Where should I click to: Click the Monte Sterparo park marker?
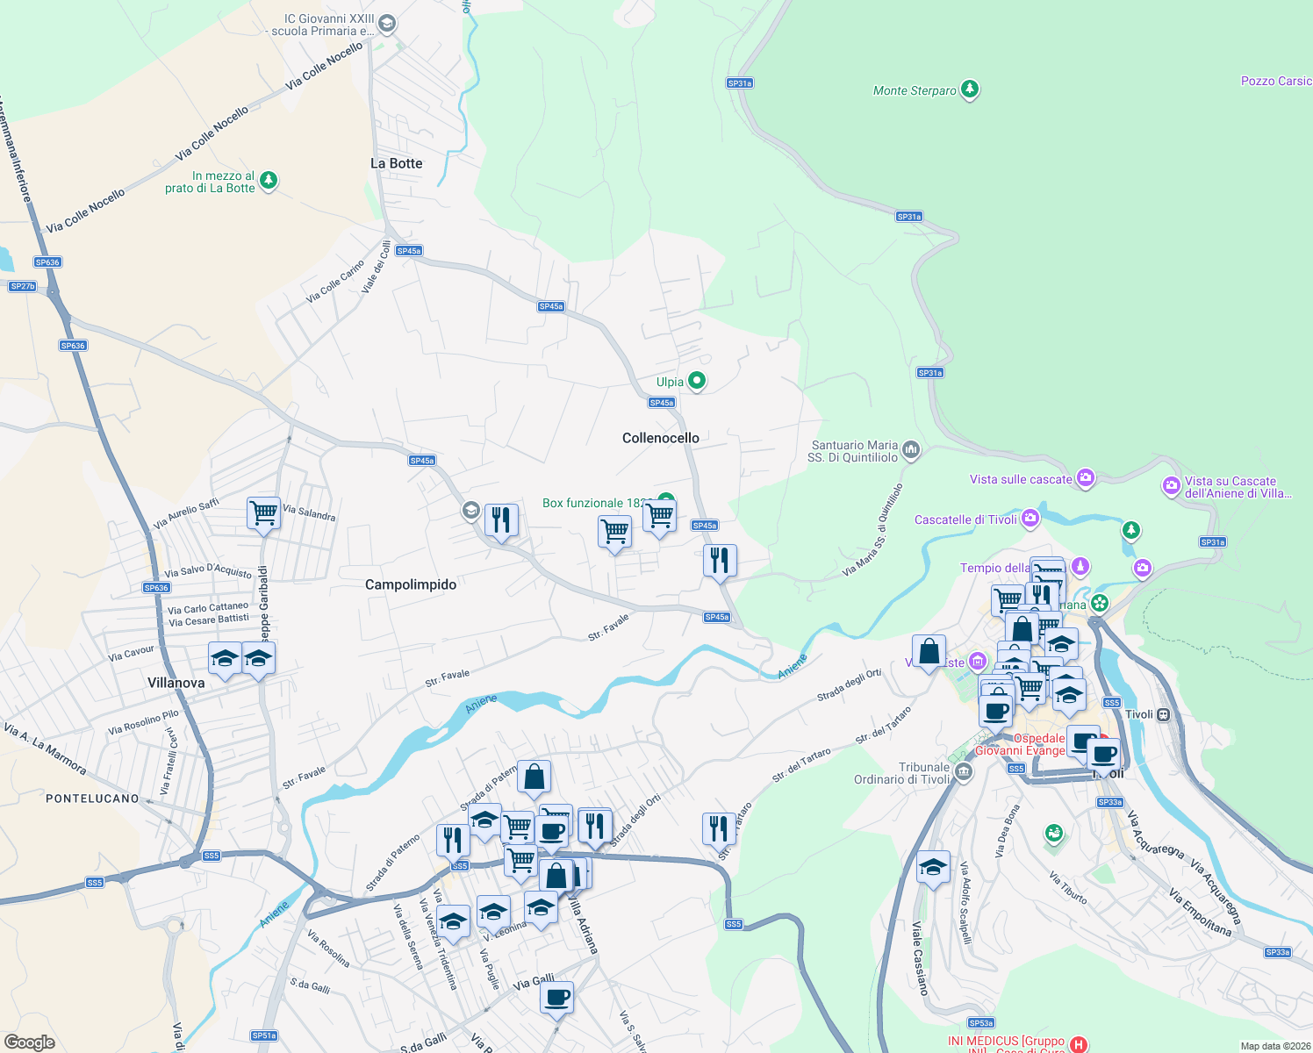point(969,90)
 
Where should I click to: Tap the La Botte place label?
point(396,163)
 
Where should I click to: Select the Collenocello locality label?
point(661,438)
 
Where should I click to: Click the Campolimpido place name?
point(411,584)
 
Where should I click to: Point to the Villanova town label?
point(176,683)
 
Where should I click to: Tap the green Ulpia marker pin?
point(696,381)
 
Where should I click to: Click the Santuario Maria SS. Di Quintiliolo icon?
point(911,451)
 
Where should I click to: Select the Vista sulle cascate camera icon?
point(1086,478)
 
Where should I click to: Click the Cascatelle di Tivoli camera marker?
point(1030,518)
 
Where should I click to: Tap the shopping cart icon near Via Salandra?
point(263,512)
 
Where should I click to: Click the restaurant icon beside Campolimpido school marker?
point(500,520)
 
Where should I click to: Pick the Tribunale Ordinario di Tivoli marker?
point(964,772)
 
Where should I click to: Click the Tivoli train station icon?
point(1163,714)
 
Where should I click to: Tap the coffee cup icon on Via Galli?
point(556,997)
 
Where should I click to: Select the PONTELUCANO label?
point(92,799)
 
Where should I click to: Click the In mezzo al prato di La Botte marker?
point(269,181)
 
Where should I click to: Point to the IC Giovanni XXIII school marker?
point(386,25)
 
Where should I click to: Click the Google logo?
point(30,1042)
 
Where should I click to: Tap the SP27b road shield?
point(23,286)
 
